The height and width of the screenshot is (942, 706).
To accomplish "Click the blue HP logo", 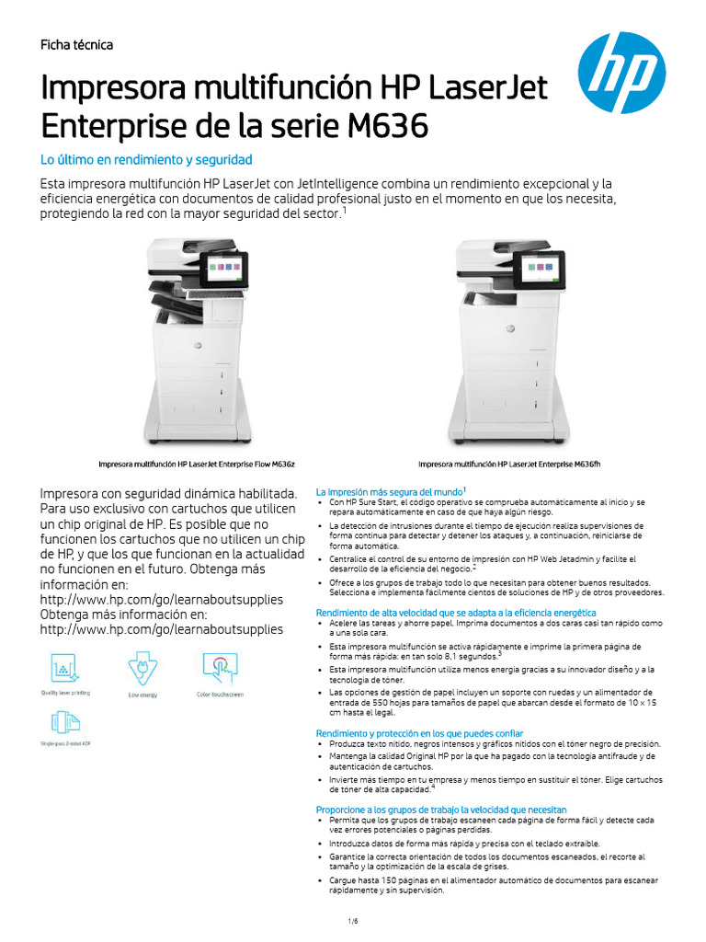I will pos(621,73).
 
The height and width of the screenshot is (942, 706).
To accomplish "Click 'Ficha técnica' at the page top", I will pos(76,45).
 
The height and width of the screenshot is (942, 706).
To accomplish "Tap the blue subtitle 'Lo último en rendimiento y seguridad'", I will pos(146,159).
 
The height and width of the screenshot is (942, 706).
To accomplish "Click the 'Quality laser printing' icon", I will pos(61,666).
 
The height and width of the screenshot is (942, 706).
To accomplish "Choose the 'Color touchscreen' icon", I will pos(220,666).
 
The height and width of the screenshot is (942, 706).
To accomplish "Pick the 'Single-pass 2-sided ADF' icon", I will pos(61,722).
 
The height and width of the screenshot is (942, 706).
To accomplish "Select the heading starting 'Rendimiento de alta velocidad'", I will pos(456,613).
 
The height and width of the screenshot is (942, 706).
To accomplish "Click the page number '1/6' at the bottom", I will pos(352,921).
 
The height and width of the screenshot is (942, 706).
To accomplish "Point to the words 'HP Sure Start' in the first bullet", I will pos(363,502).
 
